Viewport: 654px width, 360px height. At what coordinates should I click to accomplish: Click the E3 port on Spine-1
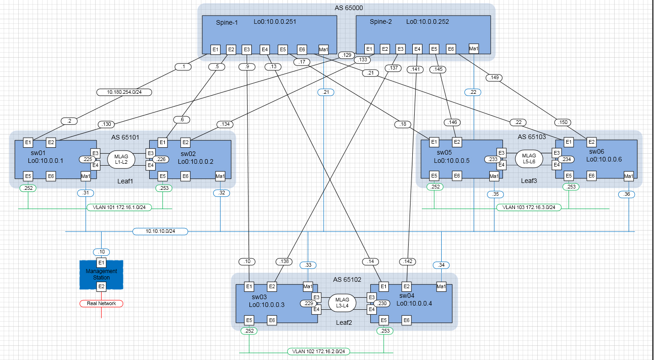(x=247, y=49)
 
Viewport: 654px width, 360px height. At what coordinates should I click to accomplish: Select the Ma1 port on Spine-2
(x=474, y=48)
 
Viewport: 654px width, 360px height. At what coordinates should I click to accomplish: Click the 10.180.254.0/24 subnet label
(x=124, y=92)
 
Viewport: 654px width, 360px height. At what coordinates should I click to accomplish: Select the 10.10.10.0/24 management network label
(x=160, y=231)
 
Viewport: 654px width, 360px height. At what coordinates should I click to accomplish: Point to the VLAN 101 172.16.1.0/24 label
(x=119, y=207)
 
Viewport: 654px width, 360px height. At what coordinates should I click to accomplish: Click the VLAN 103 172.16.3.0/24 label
(x=528, y=207)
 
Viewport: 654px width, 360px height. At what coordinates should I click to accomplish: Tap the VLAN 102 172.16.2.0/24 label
(x=317, y=352)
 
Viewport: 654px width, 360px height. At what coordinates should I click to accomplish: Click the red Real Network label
(x=101, y=303)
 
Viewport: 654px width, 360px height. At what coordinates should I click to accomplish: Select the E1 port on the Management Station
(x=101, y=263)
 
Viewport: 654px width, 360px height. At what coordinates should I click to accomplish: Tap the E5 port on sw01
(x=28, y=176)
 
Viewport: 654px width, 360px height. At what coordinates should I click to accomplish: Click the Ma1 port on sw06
(x=628, y=176)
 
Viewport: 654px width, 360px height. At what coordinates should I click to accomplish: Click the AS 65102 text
(x=347, y=279)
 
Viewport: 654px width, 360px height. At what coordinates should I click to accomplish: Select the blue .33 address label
(x=308, y=265)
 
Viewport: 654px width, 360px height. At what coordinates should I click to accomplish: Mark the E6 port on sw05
(x=456, y=176)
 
